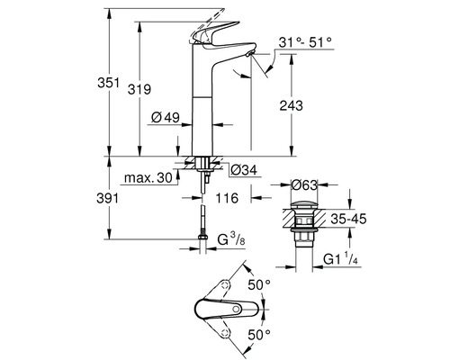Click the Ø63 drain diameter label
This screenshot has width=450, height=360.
(x=306, y=185)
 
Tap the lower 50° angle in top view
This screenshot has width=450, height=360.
(x=259, y=334)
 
